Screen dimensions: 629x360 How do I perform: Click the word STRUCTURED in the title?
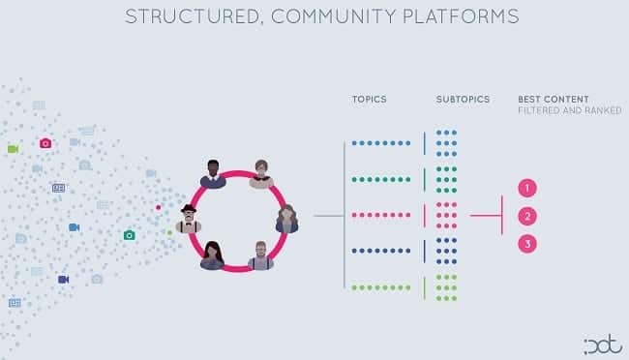pyautogui.click(x=192, y=16)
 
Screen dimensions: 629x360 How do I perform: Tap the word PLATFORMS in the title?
pyautogui.click(x=461, y=16)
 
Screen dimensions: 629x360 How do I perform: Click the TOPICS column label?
pyautogui.click(x=369, y=99)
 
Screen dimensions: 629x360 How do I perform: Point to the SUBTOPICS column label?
pyautogui.click(x=463, y=99)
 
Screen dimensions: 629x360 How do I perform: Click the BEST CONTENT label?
pyautogui.click(x=554, y=99)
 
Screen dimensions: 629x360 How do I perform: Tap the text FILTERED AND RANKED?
pyautogui.click(x=570, y=110)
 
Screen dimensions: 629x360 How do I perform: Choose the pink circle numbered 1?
pyautogui.click(x=527, y=188)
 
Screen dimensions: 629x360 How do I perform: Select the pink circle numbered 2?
pyautogui.click(x=527, y=217)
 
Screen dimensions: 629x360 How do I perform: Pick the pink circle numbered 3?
pyautogui.click(x=527, y=244)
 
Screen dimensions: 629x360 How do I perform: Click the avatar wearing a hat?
pyautogui.click(x=189, y=219)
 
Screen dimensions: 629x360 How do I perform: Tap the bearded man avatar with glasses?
pyautogui.click(x=260, y=255)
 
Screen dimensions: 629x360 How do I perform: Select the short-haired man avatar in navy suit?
pyautogui.click(x=213, y=174)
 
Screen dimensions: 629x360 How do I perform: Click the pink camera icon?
pyautogui.click(x=45, y=143)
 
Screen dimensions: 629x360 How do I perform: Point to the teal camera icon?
pyautogui.click(x=129, y=235)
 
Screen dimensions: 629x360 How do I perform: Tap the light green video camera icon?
pyautogui.click(x=13, y=149)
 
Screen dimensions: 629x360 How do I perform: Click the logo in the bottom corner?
pyautogui.click(x=603, y=345)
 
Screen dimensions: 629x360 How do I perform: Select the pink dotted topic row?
pyautogui.click(x=381, y=215)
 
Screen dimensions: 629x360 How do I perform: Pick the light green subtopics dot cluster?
pyautogui.click(x=446, y=287)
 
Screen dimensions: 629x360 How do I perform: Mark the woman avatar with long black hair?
pyautogui.click(x=212, y=255)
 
